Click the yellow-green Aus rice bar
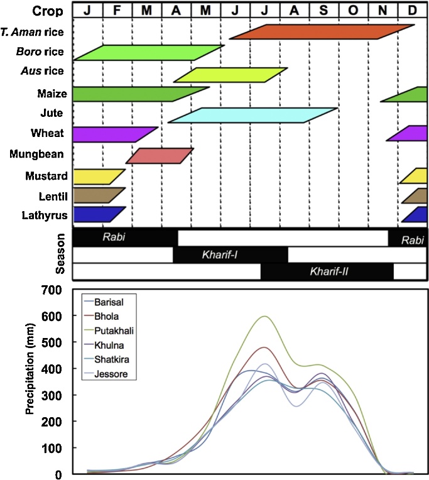231,75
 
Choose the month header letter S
323,11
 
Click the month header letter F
117,11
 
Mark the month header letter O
353,11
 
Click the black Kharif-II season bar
327,271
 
